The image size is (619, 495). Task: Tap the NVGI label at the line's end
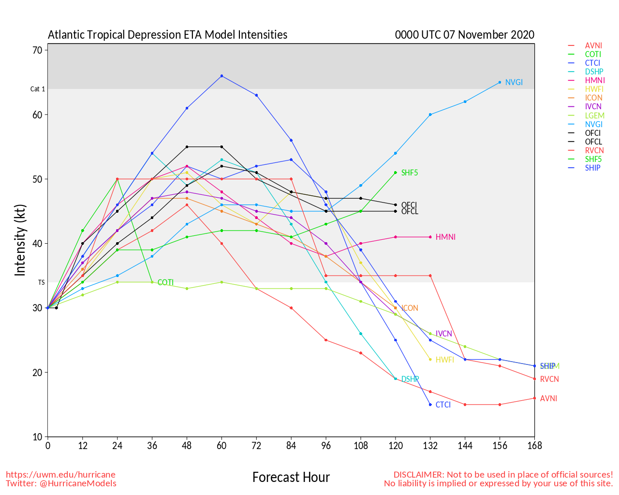(x=514, y=83)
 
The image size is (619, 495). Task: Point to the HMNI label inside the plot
(x=445, y=237)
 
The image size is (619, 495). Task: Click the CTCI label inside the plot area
(x=443, y=405)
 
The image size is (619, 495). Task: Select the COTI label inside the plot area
(x=165, y=283)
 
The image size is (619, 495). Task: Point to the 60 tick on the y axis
(x=37, y=115)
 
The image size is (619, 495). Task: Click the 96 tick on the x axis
(x=326, y=446)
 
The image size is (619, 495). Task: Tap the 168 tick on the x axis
(x=534, y=446)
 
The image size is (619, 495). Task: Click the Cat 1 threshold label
(x=38, y=89)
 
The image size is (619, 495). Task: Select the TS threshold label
(x=41, y=282)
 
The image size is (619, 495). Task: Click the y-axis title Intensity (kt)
(x=20, y=240)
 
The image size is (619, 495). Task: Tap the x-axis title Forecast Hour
(x=291, y=478)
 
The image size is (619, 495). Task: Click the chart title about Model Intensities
(x=167, y=35)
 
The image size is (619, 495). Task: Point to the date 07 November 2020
(x=496, y=35)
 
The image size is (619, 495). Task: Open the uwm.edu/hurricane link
(x=60, y=475)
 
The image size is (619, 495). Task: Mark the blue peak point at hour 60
(x=221, y=76)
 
